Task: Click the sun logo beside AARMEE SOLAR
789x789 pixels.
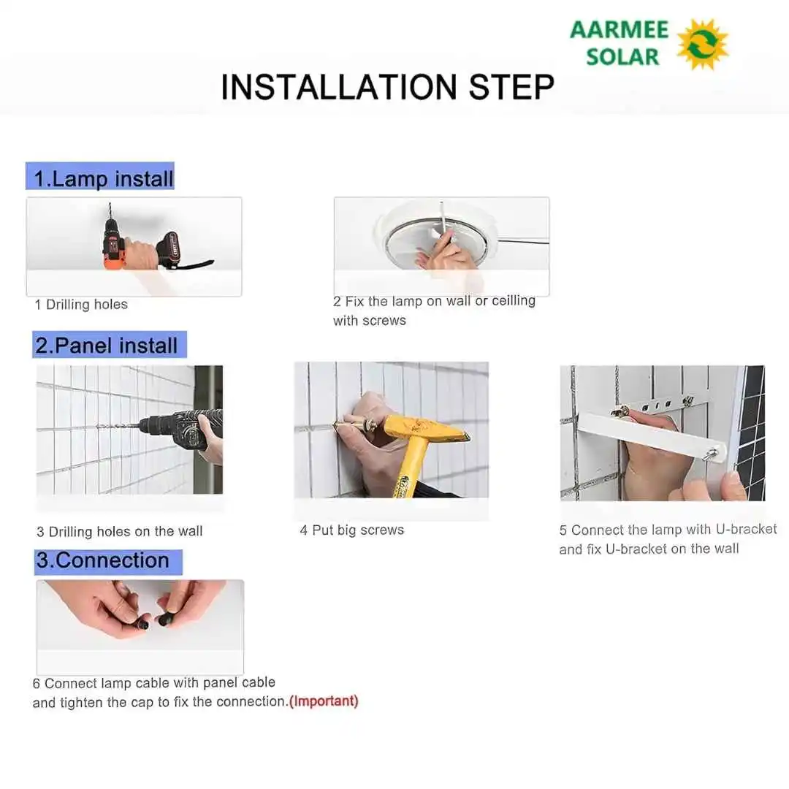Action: click(702, 44)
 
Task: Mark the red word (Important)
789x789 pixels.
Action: click(324, 701)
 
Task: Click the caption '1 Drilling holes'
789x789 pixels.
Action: click(81, 305)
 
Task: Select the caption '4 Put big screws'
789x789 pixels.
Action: click(351, 530)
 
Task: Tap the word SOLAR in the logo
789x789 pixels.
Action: click(622, 56)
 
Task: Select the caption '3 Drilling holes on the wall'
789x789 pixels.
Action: click(120, 532)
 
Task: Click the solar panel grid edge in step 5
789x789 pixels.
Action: click(753, 431)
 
